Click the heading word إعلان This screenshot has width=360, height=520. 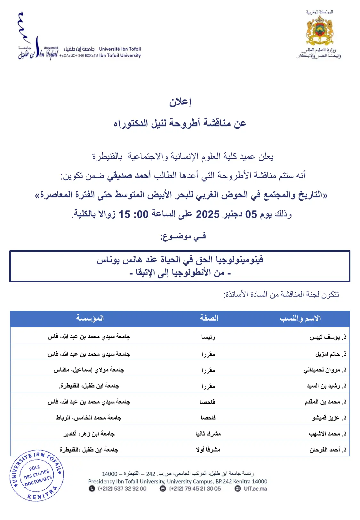click(x=180, y=102)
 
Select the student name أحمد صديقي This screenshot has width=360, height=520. click(x=129, y=175)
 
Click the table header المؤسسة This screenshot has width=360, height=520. click(x=90, y=318)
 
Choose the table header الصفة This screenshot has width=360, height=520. click(x=209, y=318)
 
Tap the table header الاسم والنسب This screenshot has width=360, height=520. click(x=300, y=318)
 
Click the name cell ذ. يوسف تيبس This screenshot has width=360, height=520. click(x=328, y=337)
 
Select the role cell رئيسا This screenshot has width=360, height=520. click(x=208, y=337)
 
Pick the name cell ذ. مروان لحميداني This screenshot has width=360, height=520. click(x=325, y=370)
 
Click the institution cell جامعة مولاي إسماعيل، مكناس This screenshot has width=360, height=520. click(x=89, y=370)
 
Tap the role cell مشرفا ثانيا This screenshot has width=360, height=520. click(x=208, y=434)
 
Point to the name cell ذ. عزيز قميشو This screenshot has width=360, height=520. click(x=329, y=418)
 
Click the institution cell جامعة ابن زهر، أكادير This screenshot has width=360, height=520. click(x=89, y=434)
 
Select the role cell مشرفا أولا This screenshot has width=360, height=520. click(x=208, y=450)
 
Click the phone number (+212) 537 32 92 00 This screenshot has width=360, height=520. click(x=122, y=489)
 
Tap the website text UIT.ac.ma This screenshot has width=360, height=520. click(x=255, y=489)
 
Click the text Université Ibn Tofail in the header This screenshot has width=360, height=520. click(x=120, y=49)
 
